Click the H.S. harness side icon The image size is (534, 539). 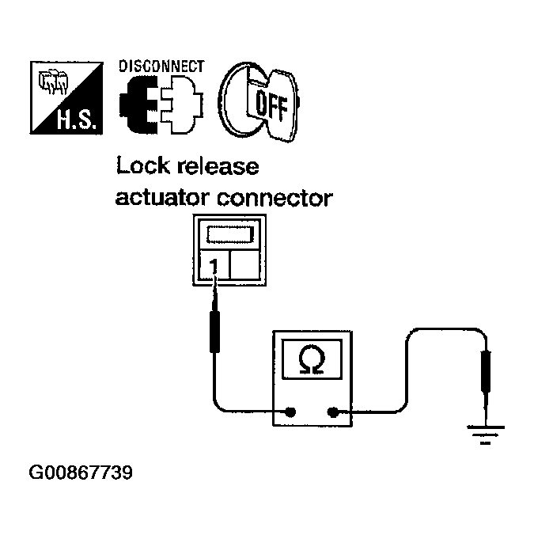tap(66, 98)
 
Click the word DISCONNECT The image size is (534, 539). tap(161, 66)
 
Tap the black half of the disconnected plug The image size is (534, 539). tap(138, 104)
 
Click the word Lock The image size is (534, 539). tap(143, 165)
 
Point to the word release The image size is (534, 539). tap(218, 165)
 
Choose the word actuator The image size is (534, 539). tap(162, 198)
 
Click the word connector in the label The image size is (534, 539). tap(275, 199)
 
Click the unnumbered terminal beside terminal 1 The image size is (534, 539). tap(244, 264)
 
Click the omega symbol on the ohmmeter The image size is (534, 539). tap(312, 359)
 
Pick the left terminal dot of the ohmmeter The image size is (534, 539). tap(290, 412)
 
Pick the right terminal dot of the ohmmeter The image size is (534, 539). tap(332, 412)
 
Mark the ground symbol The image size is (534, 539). tap(485, 435)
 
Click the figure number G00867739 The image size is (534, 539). tap(81, 473)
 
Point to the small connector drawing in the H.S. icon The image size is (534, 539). tap(52, 82)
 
